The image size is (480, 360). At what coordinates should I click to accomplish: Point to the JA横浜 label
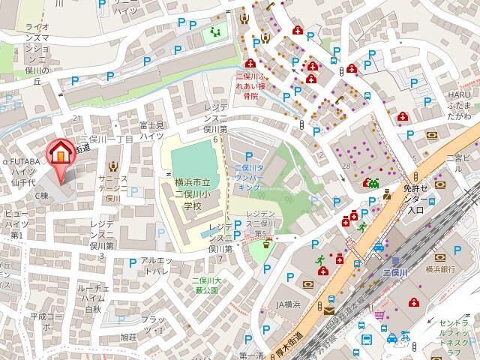click(x=287, y=304)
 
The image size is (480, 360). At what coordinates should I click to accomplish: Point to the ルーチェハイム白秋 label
click(x=92, y=298)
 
